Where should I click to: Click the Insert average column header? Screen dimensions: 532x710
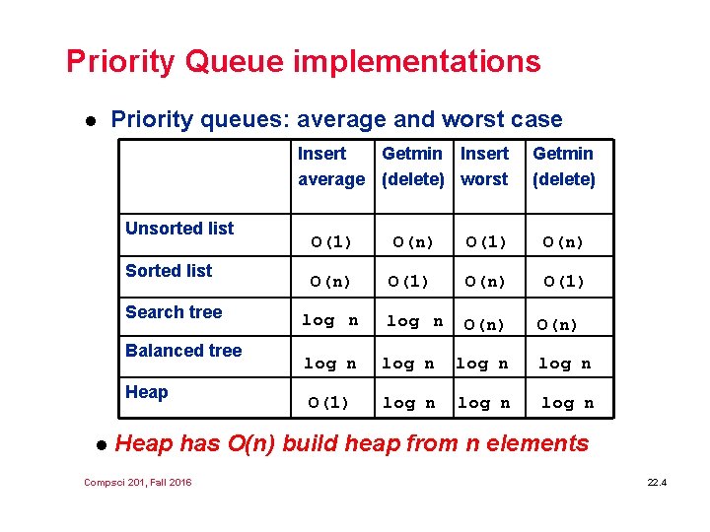330,166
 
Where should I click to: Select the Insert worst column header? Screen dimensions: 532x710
485,166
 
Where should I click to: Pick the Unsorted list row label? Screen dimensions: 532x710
179,229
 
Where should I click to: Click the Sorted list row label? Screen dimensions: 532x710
169,271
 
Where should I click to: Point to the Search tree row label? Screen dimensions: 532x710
174,312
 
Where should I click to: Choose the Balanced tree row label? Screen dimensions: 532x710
183,351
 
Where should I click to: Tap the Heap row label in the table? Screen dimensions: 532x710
147,392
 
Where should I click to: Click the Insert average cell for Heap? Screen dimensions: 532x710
328,402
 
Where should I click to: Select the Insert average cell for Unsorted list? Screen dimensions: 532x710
330,241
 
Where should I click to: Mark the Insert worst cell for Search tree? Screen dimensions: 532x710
484,323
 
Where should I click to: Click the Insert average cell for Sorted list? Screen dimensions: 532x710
330,282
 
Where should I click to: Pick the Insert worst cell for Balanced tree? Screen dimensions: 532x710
482,364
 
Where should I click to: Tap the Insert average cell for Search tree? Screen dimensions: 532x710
330,320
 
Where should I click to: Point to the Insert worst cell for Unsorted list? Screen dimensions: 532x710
484,241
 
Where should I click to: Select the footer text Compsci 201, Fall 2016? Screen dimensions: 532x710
138,482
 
